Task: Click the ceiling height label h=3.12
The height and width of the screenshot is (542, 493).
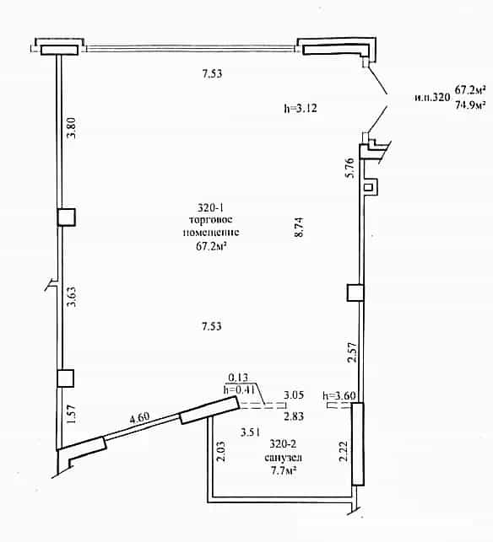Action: point(301,108)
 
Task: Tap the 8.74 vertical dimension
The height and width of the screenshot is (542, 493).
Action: point(299,227)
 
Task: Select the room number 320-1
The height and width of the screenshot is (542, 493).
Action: point(210,207)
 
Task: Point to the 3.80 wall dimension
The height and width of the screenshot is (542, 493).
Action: point(71,128)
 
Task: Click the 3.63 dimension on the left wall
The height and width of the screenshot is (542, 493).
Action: point(71,297)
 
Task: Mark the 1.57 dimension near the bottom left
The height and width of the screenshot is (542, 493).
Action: point(71,414)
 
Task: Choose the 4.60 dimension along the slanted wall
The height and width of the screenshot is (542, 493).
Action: point(139,418)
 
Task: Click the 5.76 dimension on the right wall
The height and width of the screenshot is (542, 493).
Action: point(350,168)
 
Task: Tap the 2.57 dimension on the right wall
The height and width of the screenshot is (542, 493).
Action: point(352,352)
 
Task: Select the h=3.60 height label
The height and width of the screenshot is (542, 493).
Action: point(339,395)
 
